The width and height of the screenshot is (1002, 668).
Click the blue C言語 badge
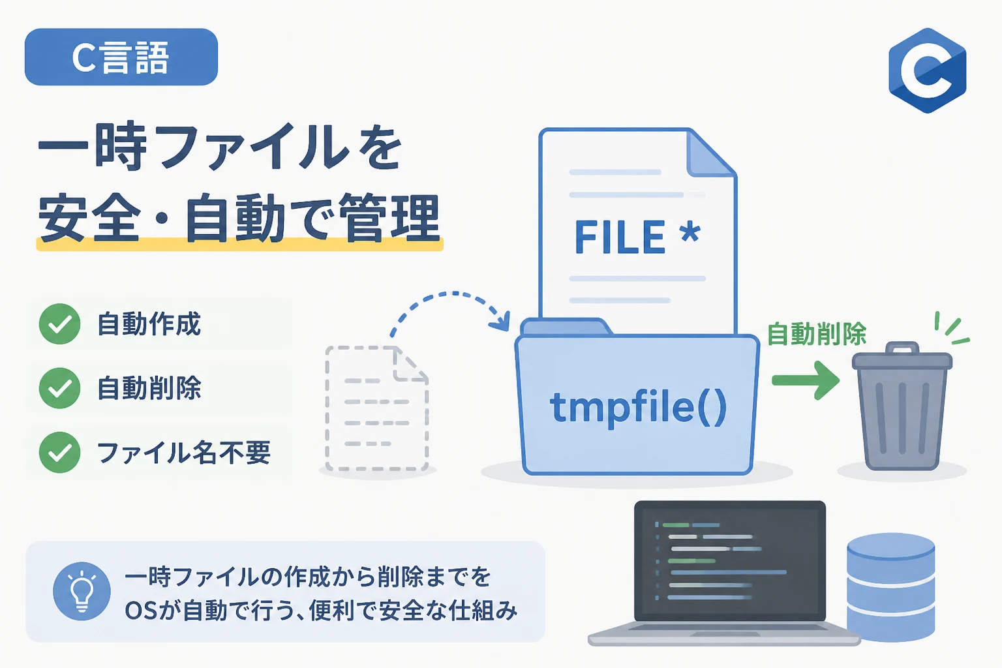[121, 57]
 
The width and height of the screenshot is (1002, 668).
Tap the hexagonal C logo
[927, 70]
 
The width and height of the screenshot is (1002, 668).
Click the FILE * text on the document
[637, 237]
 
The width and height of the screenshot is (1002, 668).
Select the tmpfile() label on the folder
[639, 408]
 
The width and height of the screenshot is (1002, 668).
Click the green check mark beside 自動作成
[59, 324]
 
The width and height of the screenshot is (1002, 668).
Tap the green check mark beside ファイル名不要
[59, 452]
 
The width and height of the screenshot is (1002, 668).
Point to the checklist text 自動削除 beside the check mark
[149, 387]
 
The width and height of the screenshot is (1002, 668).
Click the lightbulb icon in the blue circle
[82, 590]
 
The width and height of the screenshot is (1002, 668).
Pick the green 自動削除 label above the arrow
[817, 334]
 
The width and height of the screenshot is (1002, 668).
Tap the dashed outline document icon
[377, 408]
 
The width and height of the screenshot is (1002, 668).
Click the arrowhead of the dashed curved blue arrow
[501, 321]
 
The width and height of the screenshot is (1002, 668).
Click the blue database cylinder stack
[890, 587]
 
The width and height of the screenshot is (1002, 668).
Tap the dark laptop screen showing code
[729, 561]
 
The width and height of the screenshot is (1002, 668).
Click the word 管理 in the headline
[389, 219]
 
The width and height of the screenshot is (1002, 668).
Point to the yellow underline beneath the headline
[240, 245]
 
